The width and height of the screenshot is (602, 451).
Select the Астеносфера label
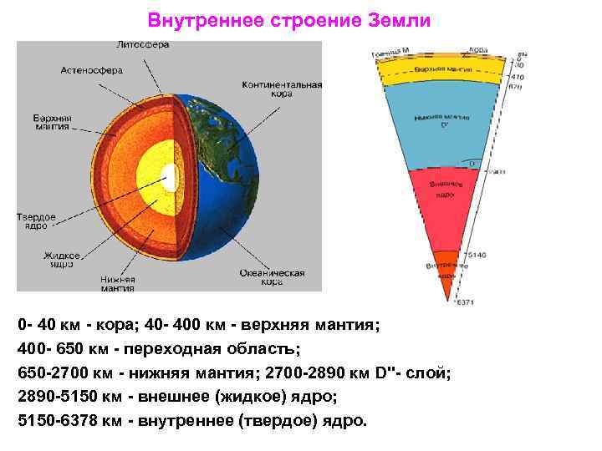point(92,71)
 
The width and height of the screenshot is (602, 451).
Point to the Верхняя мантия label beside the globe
point(52,123)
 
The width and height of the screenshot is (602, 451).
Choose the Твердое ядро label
point(36,220)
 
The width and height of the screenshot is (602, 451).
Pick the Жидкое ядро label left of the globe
point(63,260)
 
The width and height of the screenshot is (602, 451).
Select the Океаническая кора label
point(272,277)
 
